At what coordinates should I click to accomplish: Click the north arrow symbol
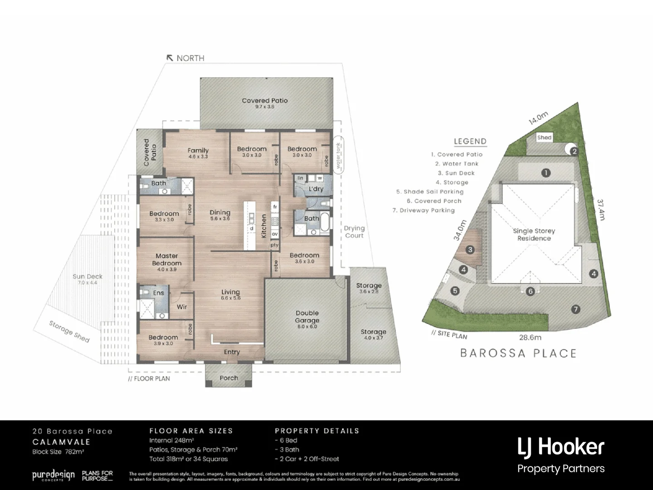170,58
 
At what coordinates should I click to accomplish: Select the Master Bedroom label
166,260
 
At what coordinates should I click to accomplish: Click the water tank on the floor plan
338,154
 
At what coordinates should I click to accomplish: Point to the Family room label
198,151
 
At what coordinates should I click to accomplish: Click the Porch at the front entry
229,377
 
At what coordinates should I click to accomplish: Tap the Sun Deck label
88,276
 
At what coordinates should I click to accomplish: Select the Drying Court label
354,231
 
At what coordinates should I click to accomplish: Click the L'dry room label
316,188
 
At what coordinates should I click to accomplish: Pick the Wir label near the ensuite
182,307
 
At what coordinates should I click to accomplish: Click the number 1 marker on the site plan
546,172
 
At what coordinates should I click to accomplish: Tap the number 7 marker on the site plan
575,309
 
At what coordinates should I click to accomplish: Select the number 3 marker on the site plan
470,250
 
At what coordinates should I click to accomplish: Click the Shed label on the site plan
544,137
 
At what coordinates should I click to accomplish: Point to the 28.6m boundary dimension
530,337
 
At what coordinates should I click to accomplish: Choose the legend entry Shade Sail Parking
430,191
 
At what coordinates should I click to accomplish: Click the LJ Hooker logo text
561,447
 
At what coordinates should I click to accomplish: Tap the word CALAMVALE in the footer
61,441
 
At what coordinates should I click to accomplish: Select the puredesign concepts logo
53,475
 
